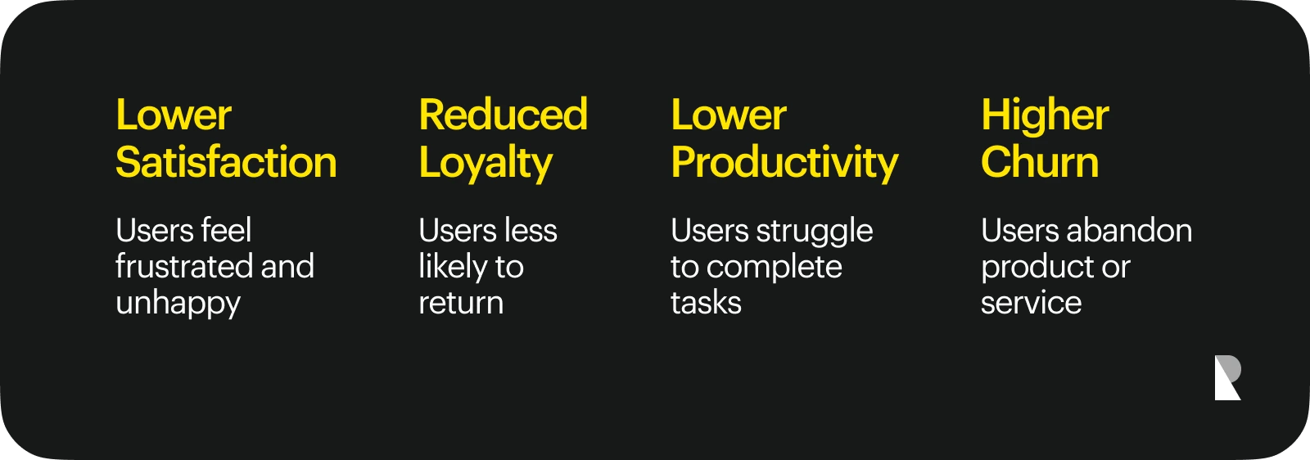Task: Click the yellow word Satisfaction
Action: coord(226,162)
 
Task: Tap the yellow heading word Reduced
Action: coord(503,115)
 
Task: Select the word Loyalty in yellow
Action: coord(486,165)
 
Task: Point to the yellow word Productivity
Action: coord(784,165)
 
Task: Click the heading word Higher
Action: coord(1045,116)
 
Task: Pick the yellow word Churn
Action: coord(1040,162)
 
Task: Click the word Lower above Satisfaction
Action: coord(174,115)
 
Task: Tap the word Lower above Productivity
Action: coord(729,115)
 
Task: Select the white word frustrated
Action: coord(184,267)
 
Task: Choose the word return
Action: coord(461,304)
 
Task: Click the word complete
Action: coord(775,268)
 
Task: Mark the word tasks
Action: coord(706,303)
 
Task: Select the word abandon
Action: coord(1129,230)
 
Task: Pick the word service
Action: coord(1032,304)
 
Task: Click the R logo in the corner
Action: coord(1227,377)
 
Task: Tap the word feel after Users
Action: coord(226,230)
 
